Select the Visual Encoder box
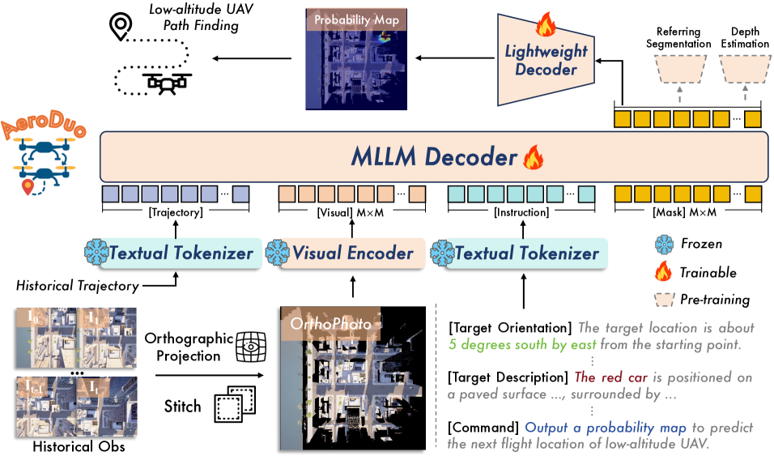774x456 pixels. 352,253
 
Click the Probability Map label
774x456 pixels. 355,19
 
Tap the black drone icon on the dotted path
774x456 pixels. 166,81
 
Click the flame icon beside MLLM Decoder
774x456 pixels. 533,156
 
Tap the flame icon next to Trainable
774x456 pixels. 665,272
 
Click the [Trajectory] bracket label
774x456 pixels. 176,212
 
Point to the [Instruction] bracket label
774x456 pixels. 521,212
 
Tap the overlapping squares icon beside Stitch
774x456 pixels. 229,405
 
